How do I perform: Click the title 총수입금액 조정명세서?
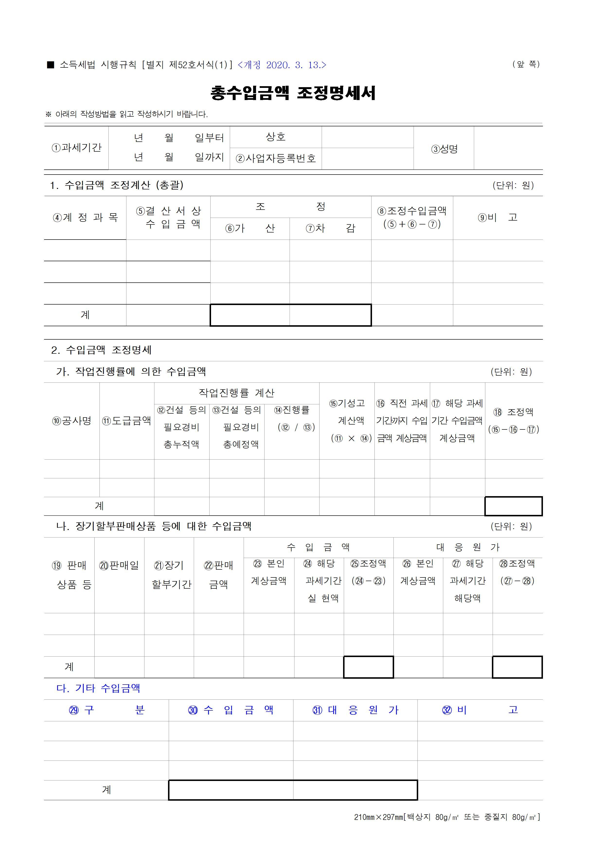tap(293, 93)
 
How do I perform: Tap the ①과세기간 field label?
tap(77, 148)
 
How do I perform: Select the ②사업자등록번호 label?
tap(276, 158)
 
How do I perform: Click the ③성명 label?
tap(444, 149)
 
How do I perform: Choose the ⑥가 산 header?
tap(250, 228)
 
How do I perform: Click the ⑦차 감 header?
tap(330, 228)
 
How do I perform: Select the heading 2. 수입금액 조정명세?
tap(101, 350)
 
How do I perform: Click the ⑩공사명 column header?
tap(72, 421)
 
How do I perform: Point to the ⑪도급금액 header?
tap(127, 421)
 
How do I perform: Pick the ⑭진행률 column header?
tap(292, 410)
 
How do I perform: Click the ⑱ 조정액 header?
tap(514, 412)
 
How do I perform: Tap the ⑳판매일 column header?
tap(119, 565)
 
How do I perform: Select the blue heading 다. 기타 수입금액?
tap(98, 688)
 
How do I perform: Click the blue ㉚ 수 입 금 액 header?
tap(231, 710)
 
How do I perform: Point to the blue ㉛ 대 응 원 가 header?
tap(355, 710)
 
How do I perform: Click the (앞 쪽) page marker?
tap(526, 64)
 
